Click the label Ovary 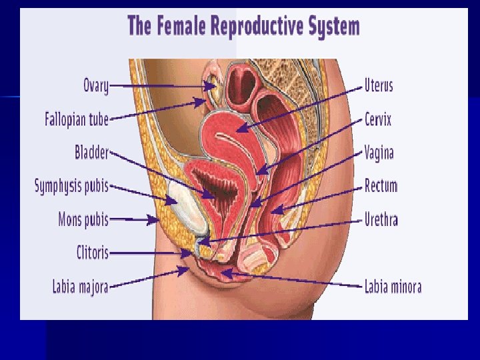tap(95, 85)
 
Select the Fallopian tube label tap(77, 119)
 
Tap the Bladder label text tap(91, 153)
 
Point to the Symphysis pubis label tap(71, 185)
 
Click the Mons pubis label tap(83, 219)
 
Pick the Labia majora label tap(80, 287)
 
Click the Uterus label tap(379, 85)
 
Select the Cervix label tap(378, 119)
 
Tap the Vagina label tap(379, 153)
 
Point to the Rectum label tap(381, 185)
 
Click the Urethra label tap(381, 219)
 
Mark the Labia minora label tap(393, 287)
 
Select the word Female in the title tap(180, 27)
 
